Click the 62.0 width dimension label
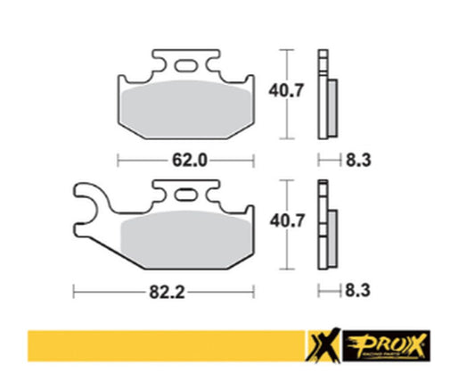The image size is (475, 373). (x=188, y=161)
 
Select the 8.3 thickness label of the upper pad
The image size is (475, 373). (x=355, y=161)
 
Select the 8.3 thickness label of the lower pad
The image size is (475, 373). (x=355, y=290)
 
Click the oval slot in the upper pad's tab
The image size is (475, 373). (x=188, y=64)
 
